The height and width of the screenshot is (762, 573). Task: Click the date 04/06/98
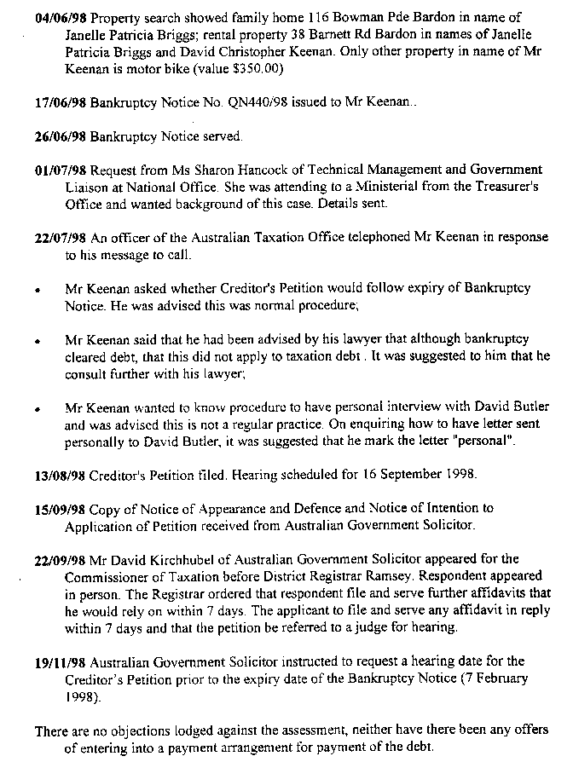coord(61,18)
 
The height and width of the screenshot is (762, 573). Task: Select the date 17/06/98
coord(61,110)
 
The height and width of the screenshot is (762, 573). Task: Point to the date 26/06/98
coord(61,137)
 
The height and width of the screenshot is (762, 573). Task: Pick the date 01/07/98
coord(61,170)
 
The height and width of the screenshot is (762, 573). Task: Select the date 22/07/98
coord(61,238)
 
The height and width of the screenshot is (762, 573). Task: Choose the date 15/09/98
coord(61,508)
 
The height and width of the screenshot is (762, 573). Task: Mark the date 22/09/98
coord(61,559)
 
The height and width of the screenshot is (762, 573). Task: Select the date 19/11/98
coord(61,661)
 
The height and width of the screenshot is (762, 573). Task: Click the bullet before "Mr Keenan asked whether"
coord(38,290)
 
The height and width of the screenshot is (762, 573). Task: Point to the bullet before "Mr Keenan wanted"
coord(38,410)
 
